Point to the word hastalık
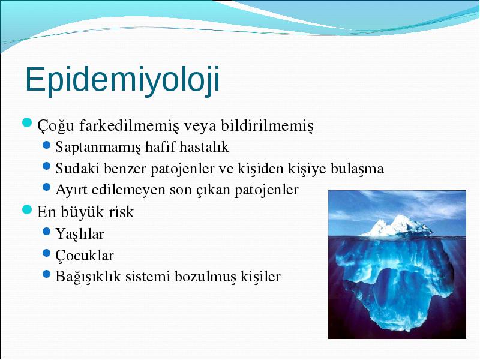(204, 146)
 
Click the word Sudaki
(77, 169)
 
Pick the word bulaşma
(357, 169)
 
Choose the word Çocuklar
(85, 256)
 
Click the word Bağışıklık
(88, 277)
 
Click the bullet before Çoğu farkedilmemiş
(27, 123)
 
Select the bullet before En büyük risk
(27, 209)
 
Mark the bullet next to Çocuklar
(47, 253)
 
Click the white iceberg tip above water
(397, 226)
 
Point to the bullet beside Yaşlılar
(47, 231)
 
